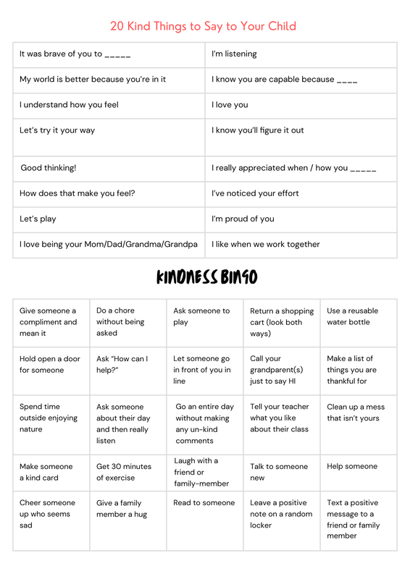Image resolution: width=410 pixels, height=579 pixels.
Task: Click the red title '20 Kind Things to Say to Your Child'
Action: pos(203,27)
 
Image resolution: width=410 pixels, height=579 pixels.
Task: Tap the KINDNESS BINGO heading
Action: pos(206,277)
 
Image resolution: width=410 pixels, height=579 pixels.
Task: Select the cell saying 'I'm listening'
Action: pos(234,54)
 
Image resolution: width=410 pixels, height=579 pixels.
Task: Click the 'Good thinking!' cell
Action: pos(48,168)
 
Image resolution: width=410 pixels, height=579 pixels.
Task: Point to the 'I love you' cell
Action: pos(230,105)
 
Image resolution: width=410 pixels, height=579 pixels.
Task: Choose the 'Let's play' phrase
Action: pos(38,219)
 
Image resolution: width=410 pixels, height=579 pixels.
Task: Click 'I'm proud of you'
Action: pos(243,219)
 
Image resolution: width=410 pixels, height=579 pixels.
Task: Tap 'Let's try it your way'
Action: pos(57,131)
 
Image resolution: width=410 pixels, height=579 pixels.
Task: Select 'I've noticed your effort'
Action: pos(255,194)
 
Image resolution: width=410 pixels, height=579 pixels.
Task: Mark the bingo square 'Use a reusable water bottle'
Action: pos(353,316)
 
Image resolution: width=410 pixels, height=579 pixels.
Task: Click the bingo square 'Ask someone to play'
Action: pos(201,316)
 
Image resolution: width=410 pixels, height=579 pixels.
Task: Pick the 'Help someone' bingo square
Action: pos(352,467)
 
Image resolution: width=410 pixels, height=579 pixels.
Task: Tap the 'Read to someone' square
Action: pos(204,503)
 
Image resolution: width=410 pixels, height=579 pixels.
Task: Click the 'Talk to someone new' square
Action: pos(278,472)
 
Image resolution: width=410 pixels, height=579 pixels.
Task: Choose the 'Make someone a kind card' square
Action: pos(46,472)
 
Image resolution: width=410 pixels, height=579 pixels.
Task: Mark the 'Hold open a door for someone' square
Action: pos(50,365)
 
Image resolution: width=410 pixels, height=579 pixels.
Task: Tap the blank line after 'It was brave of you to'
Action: pos(118,55)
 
